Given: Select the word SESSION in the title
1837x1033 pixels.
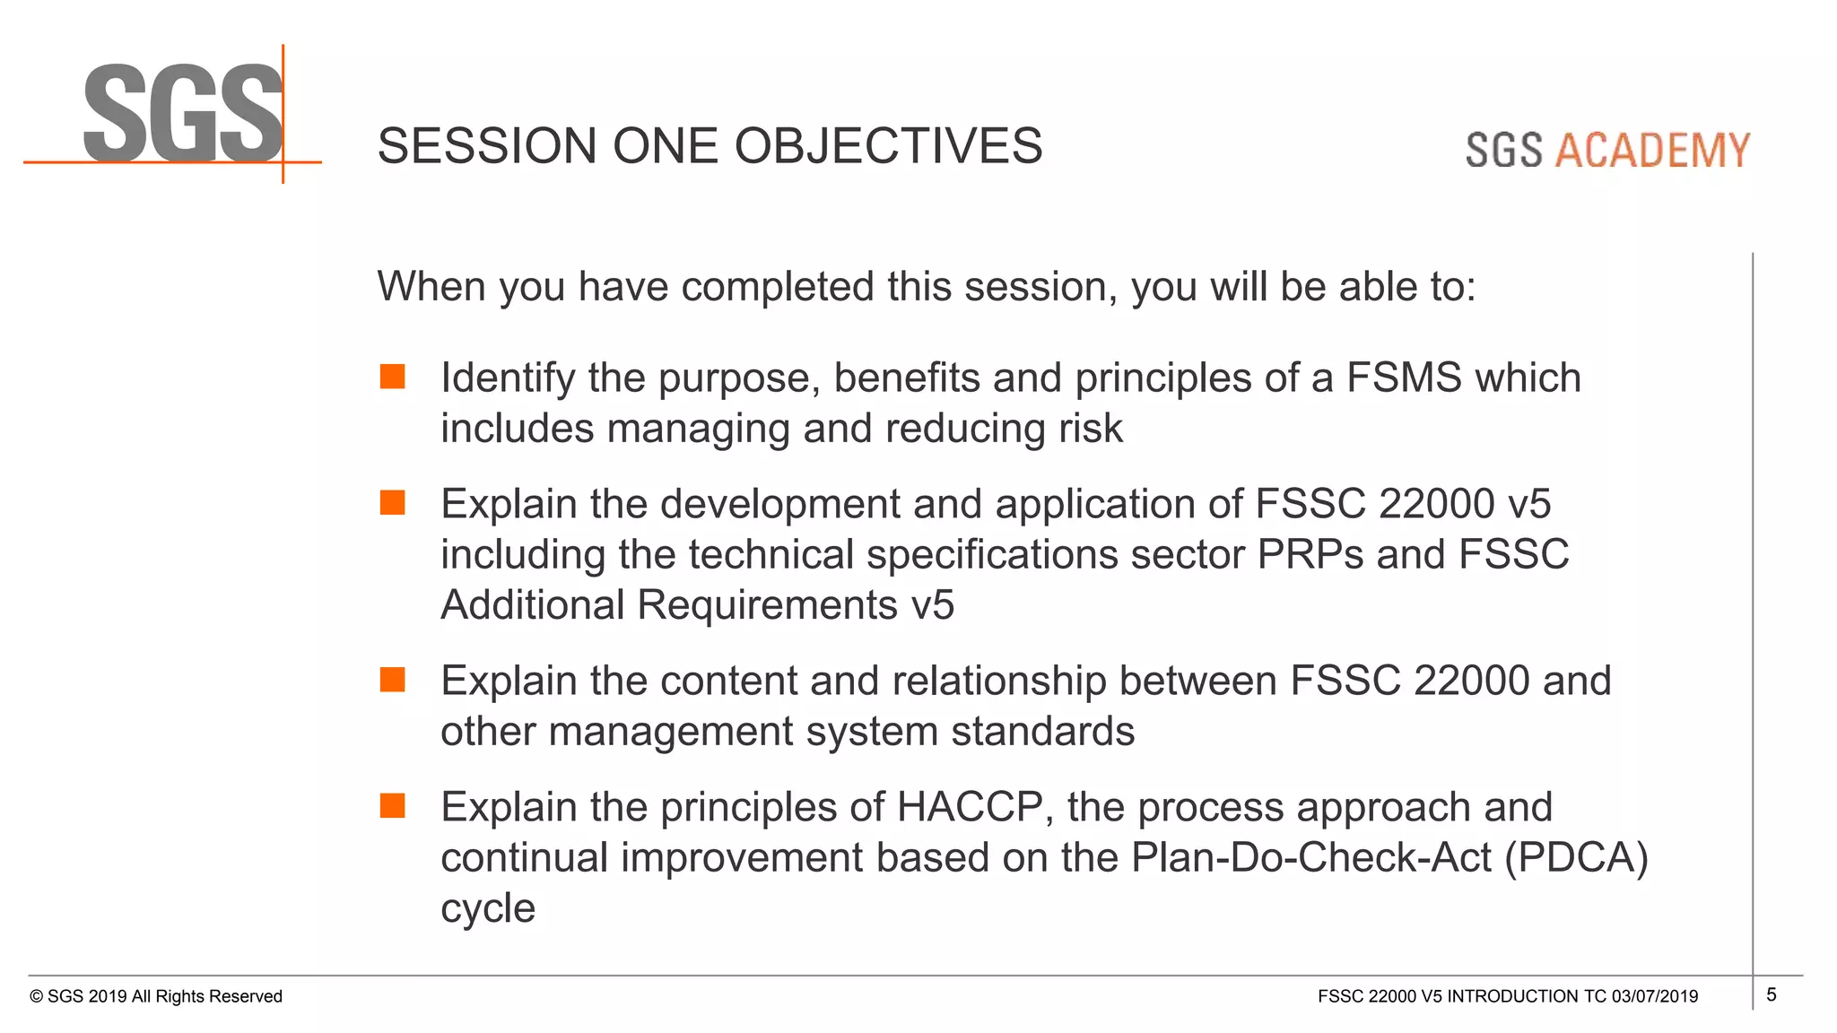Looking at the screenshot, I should (x=487, y=146).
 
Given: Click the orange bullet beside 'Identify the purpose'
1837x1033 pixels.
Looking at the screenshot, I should (x=392, y=377).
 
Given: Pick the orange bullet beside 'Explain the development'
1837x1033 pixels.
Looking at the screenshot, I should (x=392, y=503).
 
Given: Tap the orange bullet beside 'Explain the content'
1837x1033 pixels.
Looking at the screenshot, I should (x=392, y=680).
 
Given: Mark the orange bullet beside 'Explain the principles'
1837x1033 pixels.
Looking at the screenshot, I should (x=392, y=806).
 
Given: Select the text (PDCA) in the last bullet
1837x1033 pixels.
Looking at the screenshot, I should (x=1576, y=858).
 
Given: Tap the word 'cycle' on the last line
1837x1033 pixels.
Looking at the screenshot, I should (x=487, y=909).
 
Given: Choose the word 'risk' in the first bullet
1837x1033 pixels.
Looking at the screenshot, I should (x=1090, y=429).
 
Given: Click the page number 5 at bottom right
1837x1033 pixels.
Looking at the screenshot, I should (x=1771, y=994).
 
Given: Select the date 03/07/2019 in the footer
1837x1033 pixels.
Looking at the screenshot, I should (x=1654, y=996).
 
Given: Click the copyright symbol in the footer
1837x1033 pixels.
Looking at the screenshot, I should (x=36, y=997).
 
